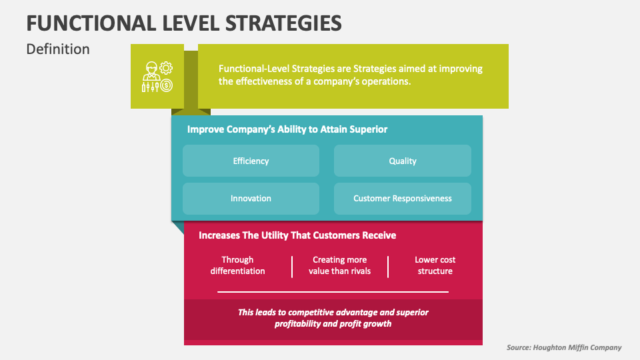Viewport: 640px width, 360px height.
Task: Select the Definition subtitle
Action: point(58,49)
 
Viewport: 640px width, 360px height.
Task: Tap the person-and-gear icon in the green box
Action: point(157,77)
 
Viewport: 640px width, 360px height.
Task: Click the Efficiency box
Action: point(251,161)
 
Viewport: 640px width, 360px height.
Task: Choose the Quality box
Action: point(403,161)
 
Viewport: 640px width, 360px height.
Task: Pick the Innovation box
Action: point(251,199)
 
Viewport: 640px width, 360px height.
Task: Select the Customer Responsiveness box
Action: point(403,199)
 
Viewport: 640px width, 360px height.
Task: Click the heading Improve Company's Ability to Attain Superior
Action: point(287,129)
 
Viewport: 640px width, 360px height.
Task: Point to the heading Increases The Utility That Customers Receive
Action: point(297,235)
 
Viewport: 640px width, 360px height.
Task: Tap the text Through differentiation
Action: point(237,265)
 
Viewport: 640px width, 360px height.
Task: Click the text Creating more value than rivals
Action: point(339,265)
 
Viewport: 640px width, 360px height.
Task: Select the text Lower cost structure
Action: point(435,265)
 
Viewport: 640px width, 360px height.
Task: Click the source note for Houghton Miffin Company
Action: point(564,347)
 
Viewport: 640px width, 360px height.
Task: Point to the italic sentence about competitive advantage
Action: point(333,318)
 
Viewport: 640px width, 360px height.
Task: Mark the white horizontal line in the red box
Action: point(333,291)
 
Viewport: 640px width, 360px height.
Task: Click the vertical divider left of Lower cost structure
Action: point(387,266)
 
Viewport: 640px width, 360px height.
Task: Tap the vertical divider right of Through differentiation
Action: point(292,266)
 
